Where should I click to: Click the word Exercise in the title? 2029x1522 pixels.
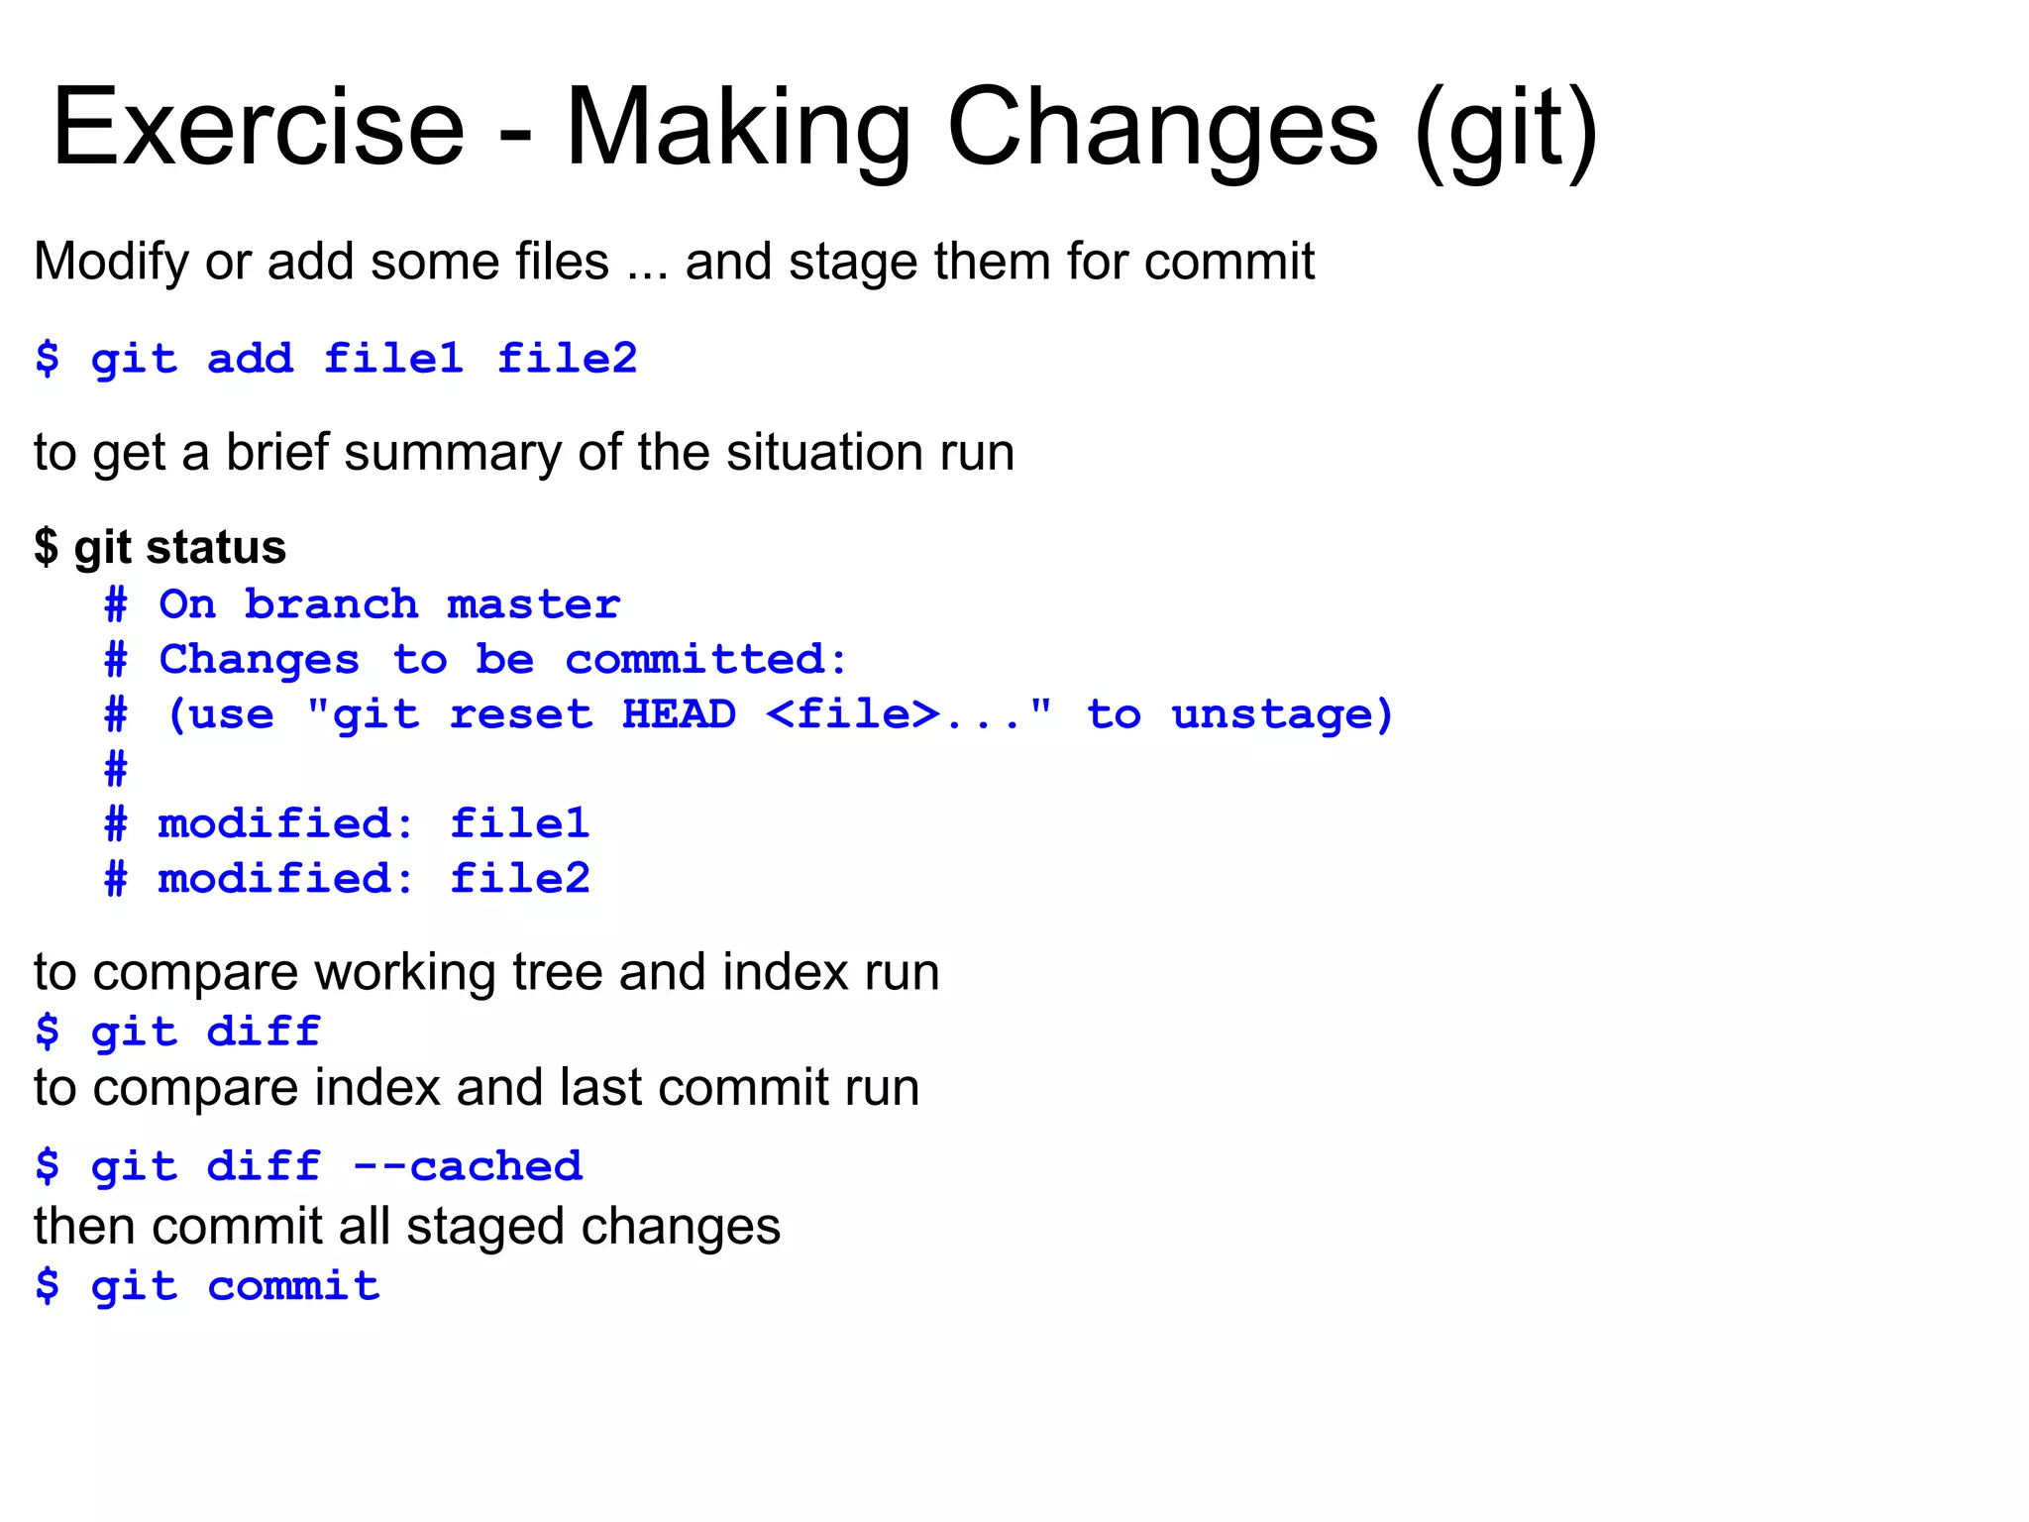coord(259,129)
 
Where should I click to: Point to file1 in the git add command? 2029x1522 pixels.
coord(394,359)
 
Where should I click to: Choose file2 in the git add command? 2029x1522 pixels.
coord(567,359)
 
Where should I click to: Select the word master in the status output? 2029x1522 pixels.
coord(533,604)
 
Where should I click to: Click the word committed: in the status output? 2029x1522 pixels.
coord(706,660)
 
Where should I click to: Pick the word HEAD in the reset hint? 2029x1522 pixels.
coord(679,714)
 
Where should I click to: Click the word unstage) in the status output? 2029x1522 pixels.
coord(1283,714)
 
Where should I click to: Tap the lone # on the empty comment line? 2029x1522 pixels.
coord(116,769)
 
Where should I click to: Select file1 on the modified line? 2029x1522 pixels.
coord(520,824)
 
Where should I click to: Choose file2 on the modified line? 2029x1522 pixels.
coord(520,879)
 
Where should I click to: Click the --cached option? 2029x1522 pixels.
coord(468,1166)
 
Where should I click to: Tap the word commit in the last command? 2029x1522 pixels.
coord(293,1287)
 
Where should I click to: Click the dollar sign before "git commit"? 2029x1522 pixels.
coord(47,1287)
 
